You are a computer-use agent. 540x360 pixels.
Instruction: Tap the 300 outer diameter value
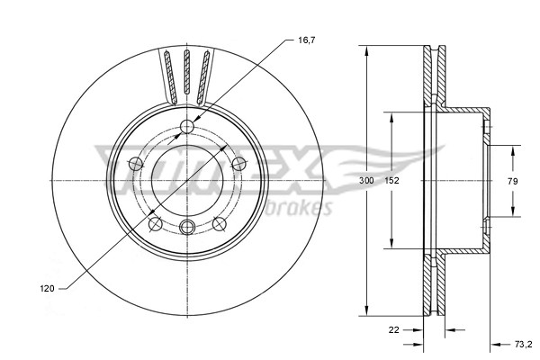[x=366, y=181]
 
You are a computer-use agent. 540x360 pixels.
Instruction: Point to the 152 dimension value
[x=392, y=181]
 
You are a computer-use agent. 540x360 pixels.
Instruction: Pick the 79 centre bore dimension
[x=511, y=181]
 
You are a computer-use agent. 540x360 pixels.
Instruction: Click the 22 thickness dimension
[x=393, y=329]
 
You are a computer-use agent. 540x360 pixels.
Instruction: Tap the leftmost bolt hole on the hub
[x=135, y=163]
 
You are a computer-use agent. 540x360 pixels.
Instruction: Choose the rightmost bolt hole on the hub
[x=238, y=163]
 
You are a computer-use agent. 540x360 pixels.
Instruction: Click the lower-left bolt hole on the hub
[x=154, y=222]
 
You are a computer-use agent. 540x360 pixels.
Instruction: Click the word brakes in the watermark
[x=301, y=209]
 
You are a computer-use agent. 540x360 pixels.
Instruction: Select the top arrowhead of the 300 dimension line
[x=366, y=49]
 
